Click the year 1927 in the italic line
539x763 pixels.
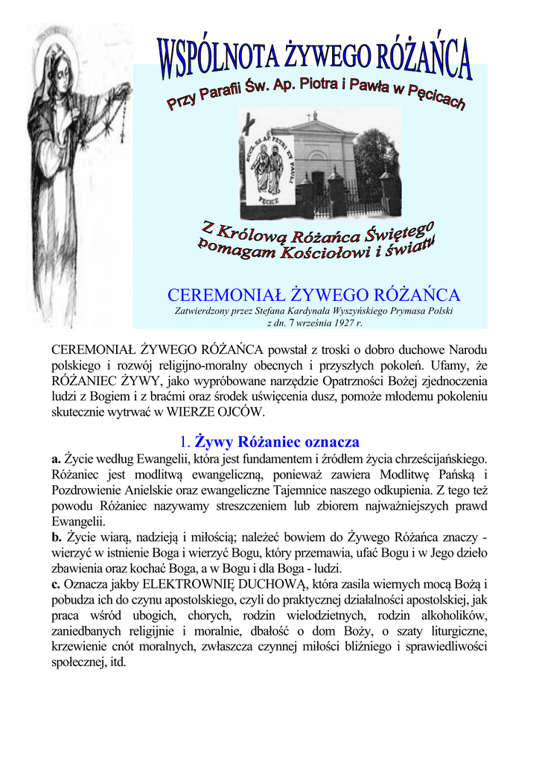coord(338,323)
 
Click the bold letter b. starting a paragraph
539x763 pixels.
coord(57,536)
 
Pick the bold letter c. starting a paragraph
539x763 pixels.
coord(56,583)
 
